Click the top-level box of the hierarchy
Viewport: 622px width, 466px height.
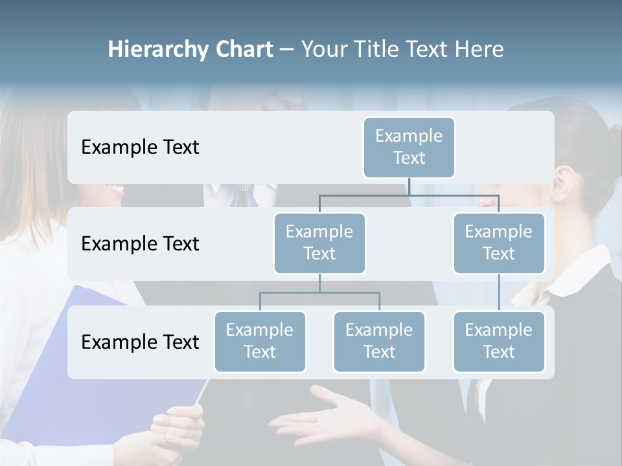click(409, 147)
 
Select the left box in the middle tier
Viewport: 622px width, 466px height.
click(319, 243)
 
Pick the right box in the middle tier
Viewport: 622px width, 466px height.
click(499, 243)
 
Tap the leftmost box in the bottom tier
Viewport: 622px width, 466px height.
click(260, 341)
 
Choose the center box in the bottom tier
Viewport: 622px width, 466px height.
click(379, 341)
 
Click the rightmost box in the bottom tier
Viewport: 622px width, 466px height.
click(499, 341)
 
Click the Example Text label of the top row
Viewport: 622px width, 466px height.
click(140, 148)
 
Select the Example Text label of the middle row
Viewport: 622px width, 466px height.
click(140, 244)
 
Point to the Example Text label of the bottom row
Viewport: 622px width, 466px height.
click(140, 342)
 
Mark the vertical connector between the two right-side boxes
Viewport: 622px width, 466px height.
click(499, 293)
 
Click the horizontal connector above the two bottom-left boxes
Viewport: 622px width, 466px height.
click(319, 293)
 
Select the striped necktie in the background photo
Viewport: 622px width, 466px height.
click(244, 194)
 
